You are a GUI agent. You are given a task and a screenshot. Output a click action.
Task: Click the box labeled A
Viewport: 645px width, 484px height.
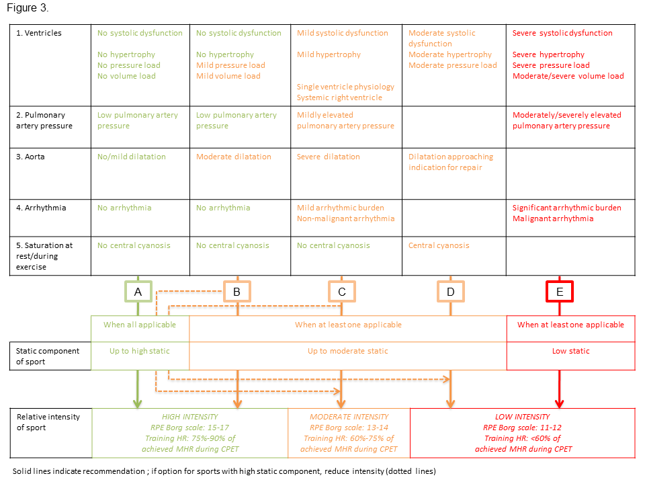(138, 292)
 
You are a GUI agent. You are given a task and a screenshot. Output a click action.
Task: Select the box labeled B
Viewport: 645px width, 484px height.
(236, 292)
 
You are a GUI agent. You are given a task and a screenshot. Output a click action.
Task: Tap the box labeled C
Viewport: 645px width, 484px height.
(341, 292)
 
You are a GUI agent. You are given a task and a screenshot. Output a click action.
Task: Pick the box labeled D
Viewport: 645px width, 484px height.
(449, 292)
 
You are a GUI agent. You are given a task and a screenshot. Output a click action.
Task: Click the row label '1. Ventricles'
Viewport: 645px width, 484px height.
(39, 33)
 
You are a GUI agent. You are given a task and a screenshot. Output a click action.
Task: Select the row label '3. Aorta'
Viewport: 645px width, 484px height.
(32, 157)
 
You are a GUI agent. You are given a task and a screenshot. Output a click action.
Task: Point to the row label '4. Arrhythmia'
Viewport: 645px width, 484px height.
(41, 208)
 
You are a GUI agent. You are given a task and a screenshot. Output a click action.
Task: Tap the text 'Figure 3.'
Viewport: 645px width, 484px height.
(28, 8)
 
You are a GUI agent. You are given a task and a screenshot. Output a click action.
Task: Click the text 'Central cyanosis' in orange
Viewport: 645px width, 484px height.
(439, 245)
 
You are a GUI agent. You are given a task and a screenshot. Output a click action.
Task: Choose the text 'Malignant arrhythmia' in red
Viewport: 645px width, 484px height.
(552, 218)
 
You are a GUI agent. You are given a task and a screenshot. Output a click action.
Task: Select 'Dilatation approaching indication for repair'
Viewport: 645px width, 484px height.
(450, 162)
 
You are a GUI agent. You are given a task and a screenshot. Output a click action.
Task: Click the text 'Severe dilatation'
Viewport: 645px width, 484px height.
(328, 157)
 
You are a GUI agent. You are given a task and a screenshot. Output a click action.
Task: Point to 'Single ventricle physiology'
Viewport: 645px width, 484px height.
(345, 87)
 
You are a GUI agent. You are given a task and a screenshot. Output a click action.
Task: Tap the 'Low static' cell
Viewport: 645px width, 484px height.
(570, 351)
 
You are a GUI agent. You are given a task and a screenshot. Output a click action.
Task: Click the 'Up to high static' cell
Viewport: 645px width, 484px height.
(140, 351)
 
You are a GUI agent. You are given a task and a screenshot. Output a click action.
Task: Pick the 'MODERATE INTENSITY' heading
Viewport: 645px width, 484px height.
(349, 417)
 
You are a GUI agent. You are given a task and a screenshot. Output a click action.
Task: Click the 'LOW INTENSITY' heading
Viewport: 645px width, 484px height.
(522, 417)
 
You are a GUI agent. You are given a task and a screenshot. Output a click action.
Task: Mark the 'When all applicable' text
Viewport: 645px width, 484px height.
(140, 325)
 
